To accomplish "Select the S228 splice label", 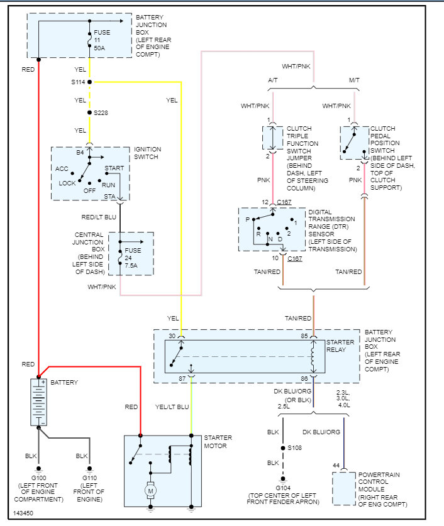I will (x=101, y=112).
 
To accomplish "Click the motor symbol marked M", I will (x=150, y=488).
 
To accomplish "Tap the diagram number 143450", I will (x=23, y=513).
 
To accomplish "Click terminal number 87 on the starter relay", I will (x=182, y=378).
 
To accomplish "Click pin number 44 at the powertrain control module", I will (x=336, y=465).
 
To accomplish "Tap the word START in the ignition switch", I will (x=114, y=168).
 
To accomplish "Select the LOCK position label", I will (x=67, y=184).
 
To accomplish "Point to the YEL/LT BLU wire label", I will (x=172, y=407).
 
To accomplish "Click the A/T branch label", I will (x=273, y=80).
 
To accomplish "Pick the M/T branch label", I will (x=354, y=80).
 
